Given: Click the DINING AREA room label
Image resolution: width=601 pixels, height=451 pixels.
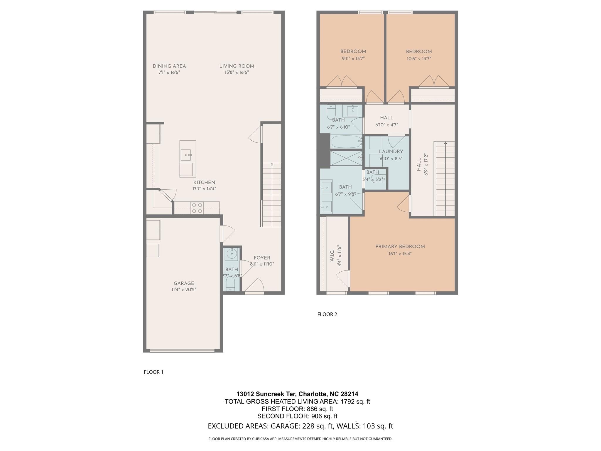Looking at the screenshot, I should click(x=169, y=66).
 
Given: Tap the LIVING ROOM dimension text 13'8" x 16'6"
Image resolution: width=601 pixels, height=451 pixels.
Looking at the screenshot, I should click(x=237, y=73).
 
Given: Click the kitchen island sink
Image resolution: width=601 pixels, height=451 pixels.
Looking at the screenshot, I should click(x=185, y=154).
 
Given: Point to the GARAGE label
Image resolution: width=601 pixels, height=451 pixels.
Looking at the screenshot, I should click(x=184, y=283).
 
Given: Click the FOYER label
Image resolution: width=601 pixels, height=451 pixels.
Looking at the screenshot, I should click(x=262, y=258).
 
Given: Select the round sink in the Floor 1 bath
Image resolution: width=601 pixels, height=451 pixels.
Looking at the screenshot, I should click(x=232, y=253).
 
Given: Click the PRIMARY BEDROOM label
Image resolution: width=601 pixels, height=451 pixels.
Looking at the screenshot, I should click(x=400, y=247).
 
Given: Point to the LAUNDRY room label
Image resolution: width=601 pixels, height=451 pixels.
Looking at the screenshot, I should click(x=391, y=152).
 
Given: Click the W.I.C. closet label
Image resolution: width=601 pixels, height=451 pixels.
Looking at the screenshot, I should click(x=332, y=256).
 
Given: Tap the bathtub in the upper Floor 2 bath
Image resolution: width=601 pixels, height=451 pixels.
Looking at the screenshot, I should click(x=346, y=142).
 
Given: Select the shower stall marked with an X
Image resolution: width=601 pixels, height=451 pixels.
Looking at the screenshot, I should click(x=346, y=158).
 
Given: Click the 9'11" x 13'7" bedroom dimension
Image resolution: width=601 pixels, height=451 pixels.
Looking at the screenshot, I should click(x=353, y=58).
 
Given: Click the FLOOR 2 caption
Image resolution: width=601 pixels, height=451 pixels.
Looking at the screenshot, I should click(x=327, y=314).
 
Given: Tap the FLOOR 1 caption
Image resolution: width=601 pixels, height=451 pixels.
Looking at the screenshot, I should click(x=153, y=372).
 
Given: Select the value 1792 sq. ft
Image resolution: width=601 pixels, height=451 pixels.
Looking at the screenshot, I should click(x=355, y=401).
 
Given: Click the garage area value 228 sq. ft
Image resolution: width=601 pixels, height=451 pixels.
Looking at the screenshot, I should click(x=318, y=426).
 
